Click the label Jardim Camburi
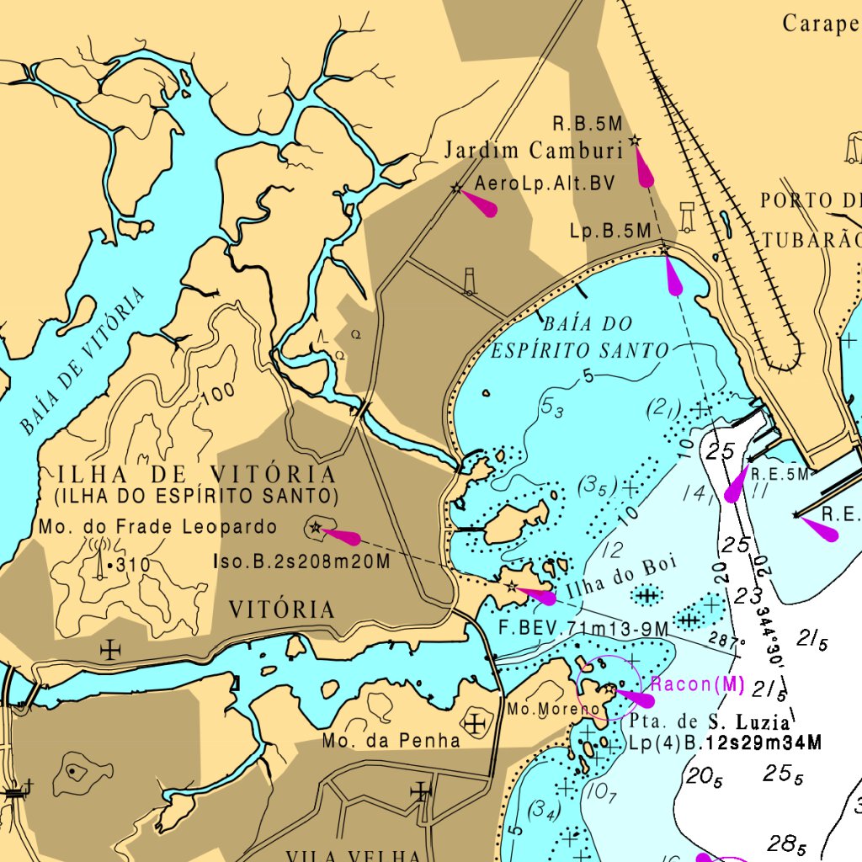[534, 151]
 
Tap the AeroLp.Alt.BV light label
[545, 184]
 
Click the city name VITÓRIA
[282, 609]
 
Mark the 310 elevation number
[134, 565]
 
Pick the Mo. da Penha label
[391, 741]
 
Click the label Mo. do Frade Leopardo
[157, 528]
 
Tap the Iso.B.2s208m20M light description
[301, 561]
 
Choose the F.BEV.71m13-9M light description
[583, 629]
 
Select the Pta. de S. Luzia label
[710, 722]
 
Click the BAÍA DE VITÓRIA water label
[82, 360]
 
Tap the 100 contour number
[217, 394]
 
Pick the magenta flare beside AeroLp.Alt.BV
[480, 204]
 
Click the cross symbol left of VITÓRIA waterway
[110, 649]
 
